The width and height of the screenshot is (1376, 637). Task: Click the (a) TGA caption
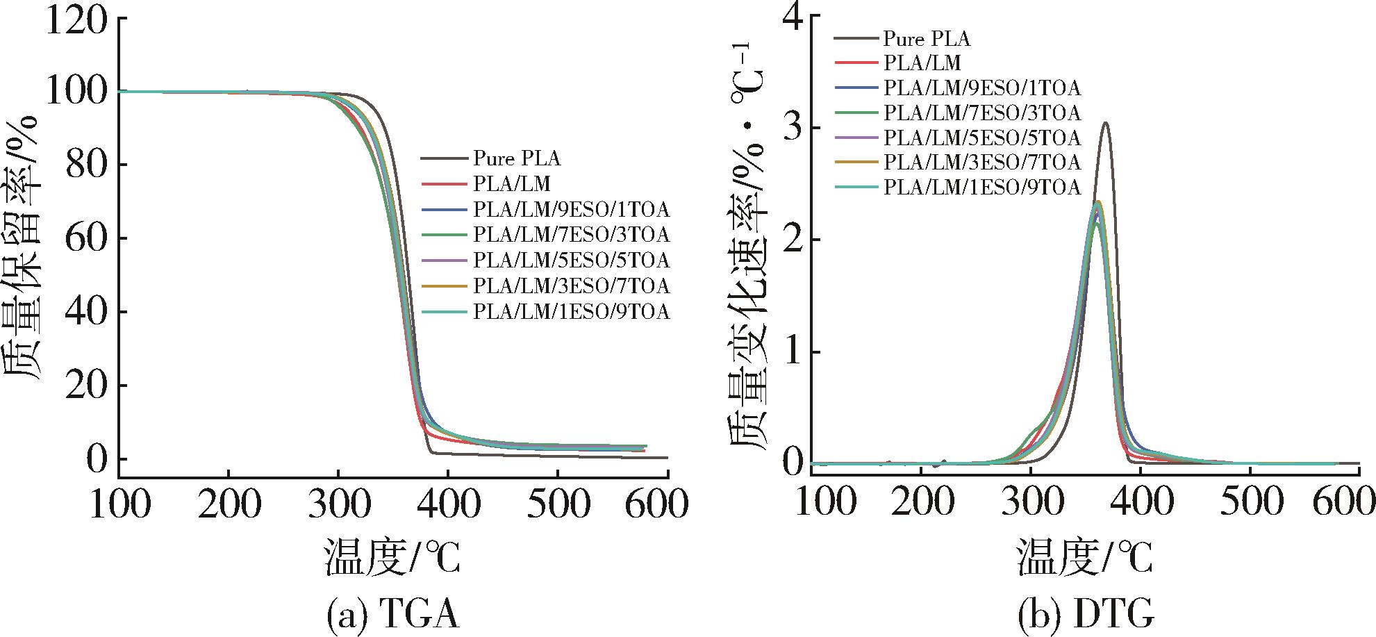point(392,615)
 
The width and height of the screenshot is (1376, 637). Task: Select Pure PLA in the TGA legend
point(517,158)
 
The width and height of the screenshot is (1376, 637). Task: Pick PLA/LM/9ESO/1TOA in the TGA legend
point(571,209)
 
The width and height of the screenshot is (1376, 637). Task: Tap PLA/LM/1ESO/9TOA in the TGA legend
point(571,312)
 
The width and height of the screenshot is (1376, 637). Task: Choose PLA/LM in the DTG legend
point(922,63)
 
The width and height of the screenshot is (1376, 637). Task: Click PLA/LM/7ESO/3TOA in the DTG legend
point(982,112)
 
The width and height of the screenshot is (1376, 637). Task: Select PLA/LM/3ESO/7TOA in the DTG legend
point(982,162)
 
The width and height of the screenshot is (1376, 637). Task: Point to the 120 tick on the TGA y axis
point(76,19)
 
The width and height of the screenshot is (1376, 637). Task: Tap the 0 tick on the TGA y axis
point(97,458)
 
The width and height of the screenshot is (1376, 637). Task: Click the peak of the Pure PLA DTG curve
point(1105,123)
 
